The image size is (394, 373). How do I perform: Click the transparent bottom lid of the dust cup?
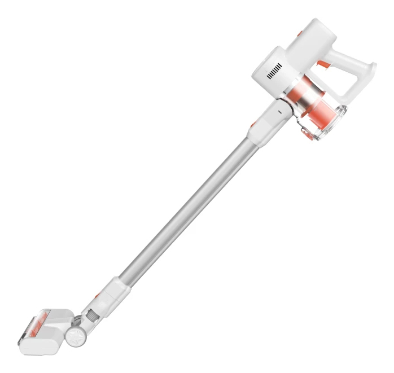pyautogui.click(x=323, y=124)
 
